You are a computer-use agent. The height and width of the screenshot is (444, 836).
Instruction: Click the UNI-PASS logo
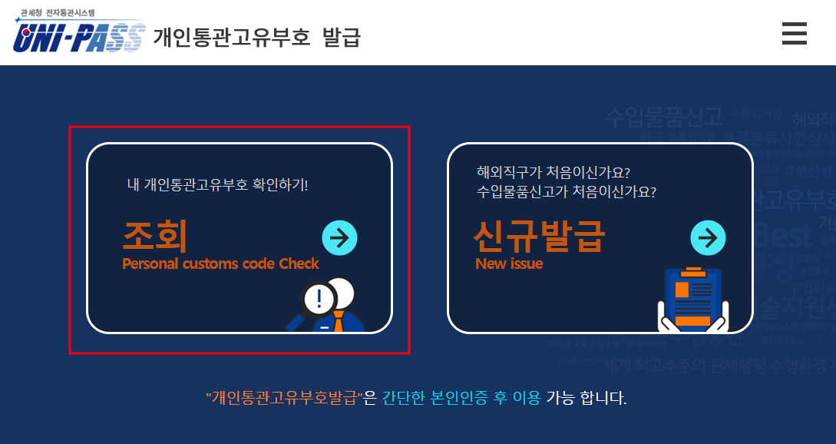(78, 36)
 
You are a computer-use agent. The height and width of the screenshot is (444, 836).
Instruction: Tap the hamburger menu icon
(794, 34)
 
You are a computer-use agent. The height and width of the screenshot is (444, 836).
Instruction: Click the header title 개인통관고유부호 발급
(256, 36)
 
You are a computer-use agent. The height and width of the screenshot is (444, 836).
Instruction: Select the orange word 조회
(155, 235)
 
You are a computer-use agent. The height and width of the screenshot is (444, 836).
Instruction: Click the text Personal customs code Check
(220, 263)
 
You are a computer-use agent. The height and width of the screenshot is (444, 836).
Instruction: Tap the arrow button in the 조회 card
(339, 237)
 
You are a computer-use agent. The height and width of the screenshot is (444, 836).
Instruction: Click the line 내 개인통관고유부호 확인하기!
(217, 185)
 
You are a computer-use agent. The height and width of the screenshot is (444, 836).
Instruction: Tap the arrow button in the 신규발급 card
(709, 237)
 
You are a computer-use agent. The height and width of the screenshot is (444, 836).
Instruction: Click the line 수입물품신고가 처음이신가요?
(566, 191)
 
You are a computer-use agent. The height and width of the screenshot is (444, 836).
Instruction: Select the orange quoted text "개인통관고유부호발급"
(284, 398)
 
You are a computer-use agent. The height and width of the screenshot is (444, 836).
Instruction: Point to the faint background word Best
(783, 232)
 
